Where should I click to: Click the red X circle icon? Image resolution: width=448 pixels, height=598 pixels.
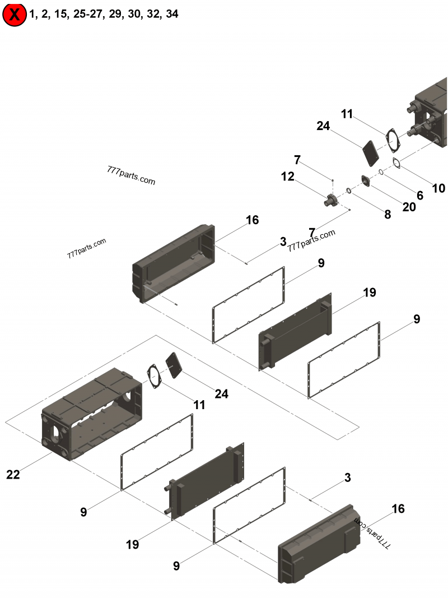point(15,15)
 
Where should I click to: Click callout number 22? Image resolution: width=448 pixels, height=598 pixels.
point(13,475)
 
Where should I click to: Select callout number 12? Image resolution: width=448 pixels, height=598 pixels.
point(287,177)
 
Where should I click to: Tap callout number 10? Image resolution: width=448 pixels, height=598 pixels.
point(438,188)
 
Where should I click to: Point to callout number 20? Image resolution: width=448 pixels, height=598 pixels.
point(409,206)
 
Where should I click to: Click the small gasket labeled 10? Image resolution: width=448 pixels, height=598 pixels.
point(396,163)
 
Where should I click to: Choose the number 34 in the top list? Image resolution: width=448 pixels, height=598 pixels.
point(172,14)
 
